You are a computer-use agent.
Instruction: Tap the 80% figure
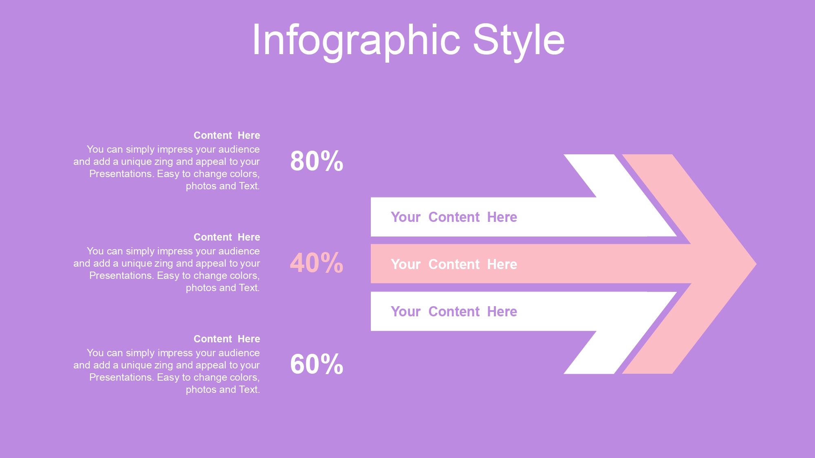pos(317,161)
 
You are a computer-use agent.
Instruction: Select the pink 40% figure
pos(317,263)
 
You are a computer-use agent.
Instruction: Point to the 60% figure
pos(317,364)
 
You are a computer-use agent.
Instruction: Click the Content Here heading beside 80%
pos(227,135)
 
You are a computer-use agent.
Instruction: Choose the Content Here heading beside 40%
pos(227,237)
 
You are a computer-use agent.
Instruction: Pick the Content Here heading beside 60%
pos(227,339)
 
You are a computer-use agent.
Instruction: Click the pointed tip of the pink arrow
pos(756,264)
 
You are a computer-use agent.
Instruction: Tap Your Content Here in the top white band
pos(454,217)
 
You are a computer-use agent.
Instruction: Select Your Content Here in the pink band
pos(454,264)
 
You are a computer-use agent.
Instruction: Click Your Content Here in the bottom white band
pos(454,311)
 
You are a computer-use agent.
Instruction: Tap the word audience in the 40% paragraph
pos(239,251)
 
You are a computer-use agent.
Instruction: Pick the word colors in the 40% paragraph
pos(244,276)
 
